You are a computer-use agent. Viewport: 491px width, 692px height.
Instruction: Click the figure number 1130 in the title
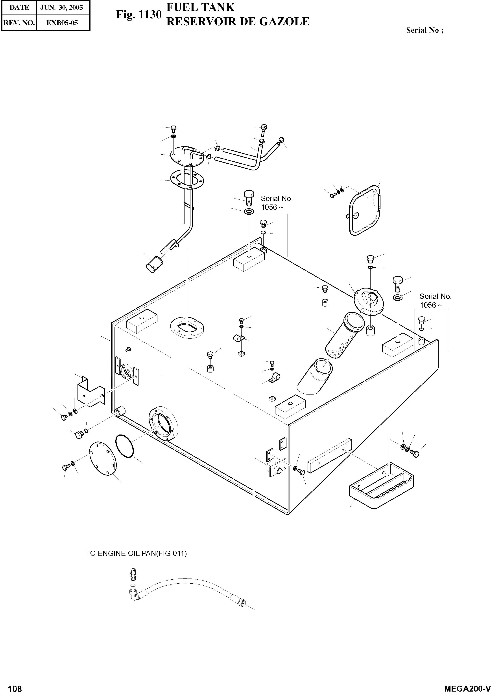point(150,15)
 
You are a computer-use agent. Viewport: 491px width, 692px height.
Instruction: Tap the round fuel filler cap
point(369,301)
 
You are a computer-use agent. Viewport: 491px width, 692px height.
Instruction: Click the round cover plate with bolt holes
point(103,459)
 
